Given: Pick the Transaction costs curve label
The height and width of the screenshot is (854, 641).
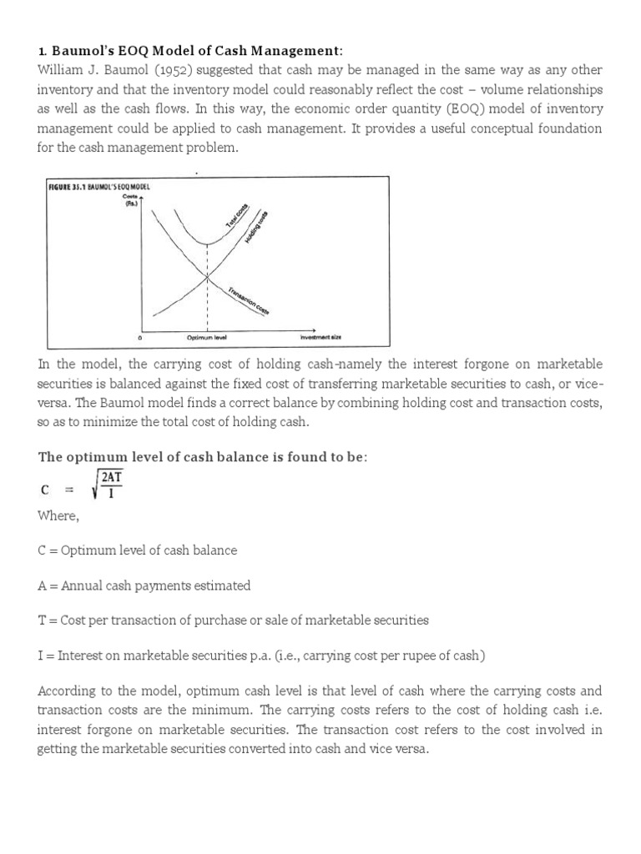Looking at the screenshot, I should (x=250, y=300).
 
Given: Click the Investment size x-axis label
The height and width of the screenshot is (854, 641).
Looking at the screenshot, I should (x=321, y=338).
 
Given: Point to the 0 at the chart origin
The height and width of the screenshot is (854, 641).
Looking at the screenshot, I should (x=139, y=338).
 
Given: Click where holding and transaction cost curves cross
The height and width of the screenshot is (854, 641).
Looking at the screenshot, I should (x=206, y=277).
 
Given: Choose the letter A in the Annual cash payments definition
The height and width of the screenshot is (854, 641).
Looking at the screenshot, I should (x=42, y=585).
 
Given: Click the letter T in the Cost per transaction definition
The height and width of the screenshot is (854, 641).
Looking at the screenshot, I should (x=42, y=620).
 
